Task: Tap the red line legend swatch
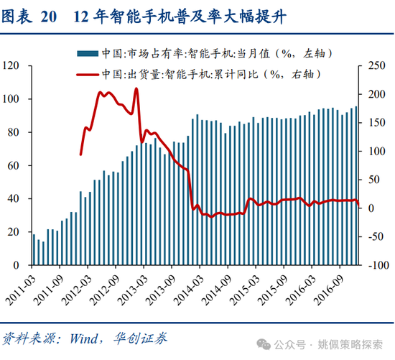(x=88, y=73)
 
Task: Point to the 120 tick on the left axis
(x=11, y=65)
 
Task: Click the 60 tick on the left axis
(x=13, y=165)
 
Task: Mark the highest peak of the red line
(x=136, y=89)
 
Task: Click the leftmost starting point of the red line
(x=80, y=154)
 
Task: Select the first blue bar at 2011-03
(x=34, y=249)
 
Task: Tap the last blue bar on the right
(x=356, y=186)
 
